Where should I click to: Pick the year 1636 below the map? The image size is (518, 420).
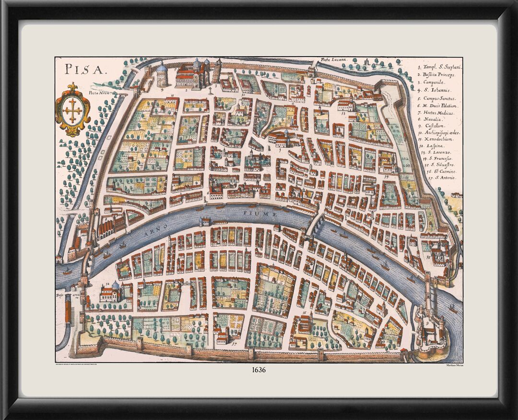pyautogui.click(x=259, y=370)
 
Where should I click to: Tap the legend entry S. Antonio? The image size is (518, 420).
pyautogui.click(x=436, y=178)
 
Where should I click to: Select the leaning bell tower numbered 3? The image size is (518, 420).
pyautogui.click(x=217, y=71)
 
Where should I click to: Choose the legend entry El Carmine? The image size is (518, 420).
pyautogui.click(x=437, y=171)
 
